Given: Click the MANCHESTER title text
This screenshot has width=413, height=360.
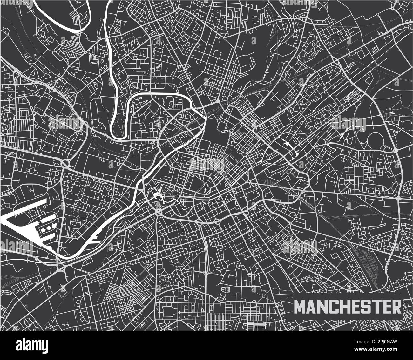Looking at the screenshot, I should (x=347, y=307).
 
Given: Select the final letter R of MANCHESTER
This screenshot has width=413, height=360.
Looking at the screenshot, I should (x=396, y=307).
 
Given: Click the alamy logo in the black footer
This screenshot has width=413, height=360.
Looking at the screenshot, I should (x=32, y=345).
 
